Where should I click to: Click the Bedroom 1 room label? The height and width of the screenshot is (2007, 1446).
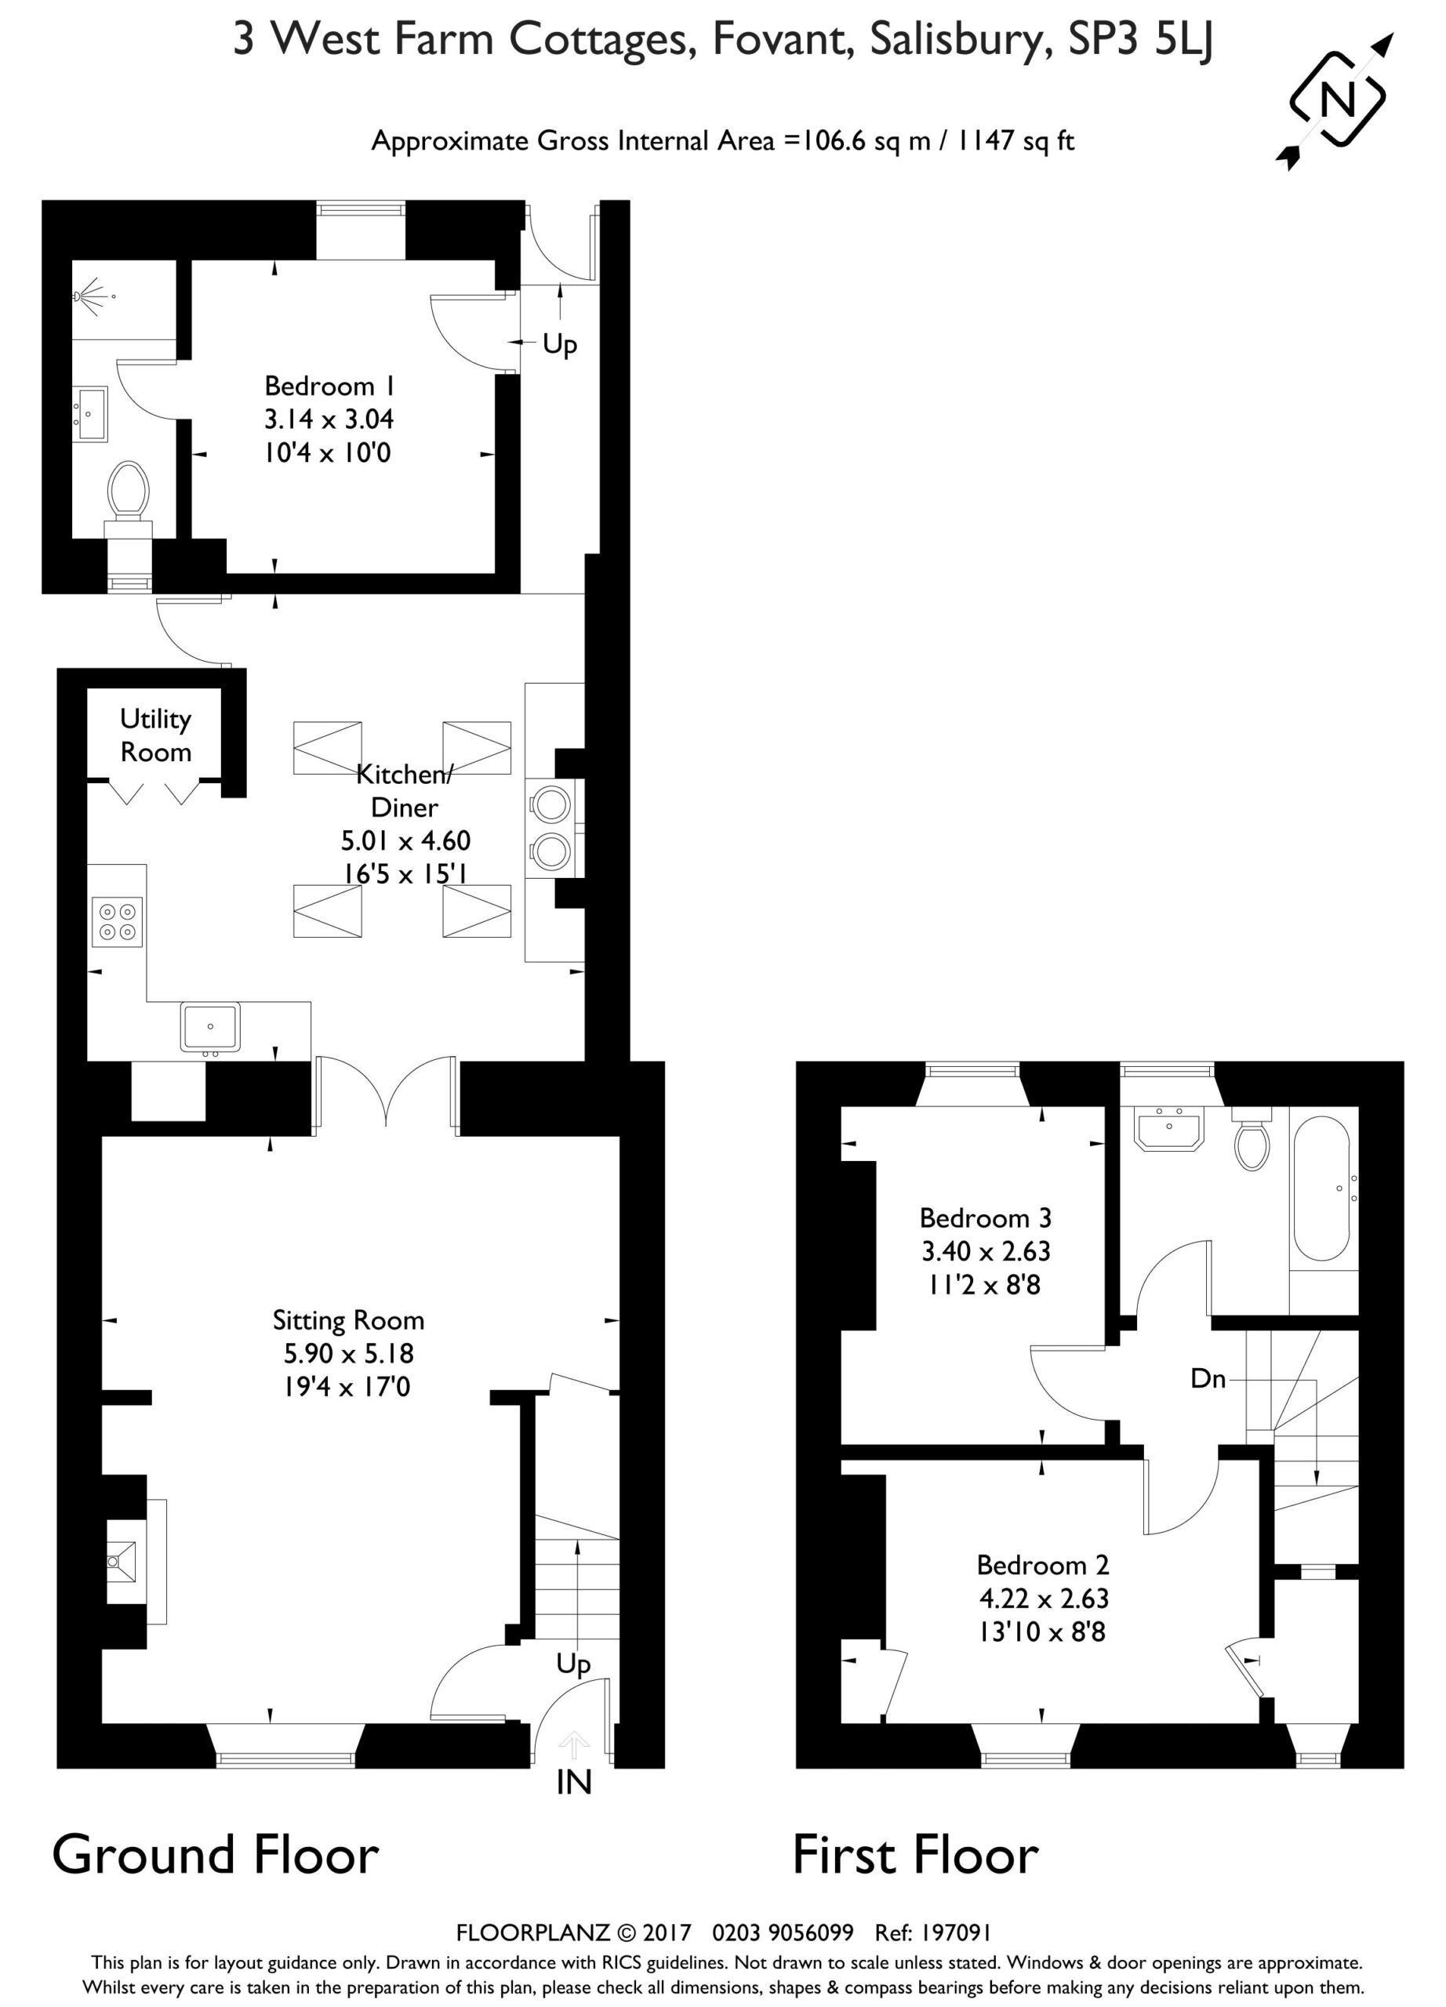click(x=329, y=386)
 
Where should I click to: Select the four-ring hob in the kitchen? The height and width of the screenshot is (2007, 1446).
click(x=118, y=921)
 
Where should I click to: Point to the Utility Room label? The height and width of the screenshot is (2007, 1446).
click(x=156, y=735)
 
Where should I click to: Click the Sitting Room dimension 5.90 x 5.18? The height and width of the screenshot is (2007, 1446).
click(x=349, y=1353)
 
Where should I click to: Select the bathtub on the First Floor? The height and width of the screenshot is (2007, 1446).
click(x=1321, y=1188)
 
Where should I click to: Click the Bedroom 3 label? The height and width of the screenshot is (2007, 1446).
click(x=985, y=1218)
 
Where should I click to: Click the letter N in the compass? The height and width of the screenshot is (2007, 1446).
click(x=1337, y=98)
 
